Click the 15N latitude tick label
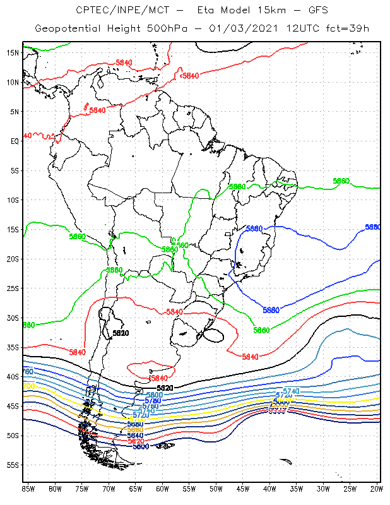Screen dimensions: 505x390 tap(12, 52)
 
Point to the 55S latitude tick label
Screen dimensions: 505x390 tap(12, 465)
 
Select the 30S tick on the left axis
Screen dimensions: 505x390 tap(12, 318)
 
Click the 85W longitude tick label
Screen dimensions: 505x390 tap(28, 489)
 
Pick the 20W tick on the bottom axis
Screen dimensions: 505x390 tap(377, 489)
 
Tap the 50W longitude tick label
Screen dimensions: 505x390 tap(216, 489)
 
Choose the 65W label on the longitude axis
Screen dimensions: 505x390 tap(136, 489)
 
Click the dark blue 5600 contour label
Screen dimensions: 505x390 tap(141, 446)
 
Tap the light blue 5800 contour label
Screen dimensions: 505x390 tap(137, 395)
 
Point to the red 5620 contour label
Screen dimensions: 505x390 tap(136, 441)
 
